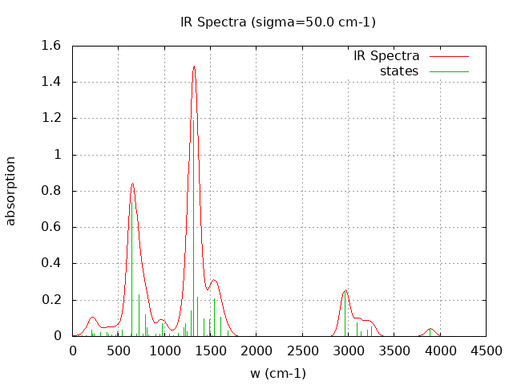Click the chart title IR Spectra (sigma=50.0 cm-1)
click(x=278, y=22)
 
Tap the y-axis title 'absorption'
click(x=11, y=191)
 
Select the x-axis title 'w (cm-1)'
click(x=278, y=373)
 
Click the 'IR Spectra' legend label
click(x=386, y=56)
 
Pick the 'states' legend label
click(x=399, y=71)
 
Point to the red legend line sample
click(x=449, y=57)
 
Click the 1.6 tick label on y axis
click(x=51, y=46)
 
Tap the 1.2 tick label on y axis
click(x=51, y=119)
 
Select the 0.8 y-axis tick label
click(x=51, y=191)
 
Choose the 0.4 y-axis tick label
click(x=51, y=264)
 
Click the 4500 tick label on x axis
click(x=486, y=351)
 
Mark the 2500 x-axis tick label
click(x=302, y=351)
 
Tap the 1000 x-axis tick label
click(x=164, y=351)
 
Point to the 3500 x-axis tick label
click(x=394, y=351)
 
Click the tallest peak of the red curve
click(x=194, y=67)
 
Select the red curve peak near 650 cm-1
click(x=132, y=184)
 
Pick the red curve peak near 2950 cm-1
click(x=345, y=290)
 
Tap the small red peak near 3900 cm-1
click(x=430, y=329)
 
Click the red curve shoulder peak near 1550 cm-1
click(x=214, y=280)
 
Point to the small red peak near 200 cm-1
click(x=92, y=318)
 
